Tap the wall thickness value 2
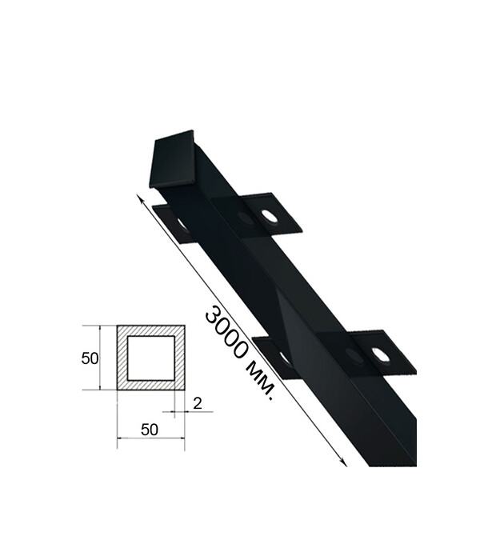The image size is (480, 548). click(x=197, y=404)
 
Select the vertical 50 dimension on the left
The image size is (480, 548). click(x=90, y=358)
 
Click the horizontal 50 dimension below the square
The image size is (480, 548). click(x=150, y=430)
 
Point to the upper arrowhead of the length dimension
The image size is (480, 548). click(x=142, y=199)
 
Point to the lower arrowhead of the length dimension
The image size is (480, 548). click(x=344, y=462)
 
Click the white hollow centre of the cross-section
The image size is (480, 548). click(x=150, y=358)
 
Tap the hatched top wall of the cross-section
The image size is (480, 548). click(x=150, y=331)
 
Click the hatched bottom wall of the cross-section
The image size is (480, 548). click(x=150, y=385)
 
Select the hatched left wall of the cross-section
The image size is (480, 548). click(x=122, y=358)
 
